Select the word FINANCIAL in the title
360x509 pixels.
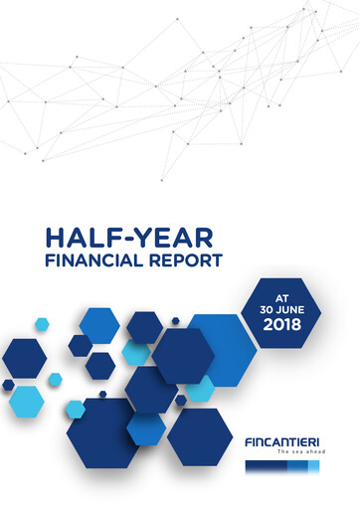tap(89, 261)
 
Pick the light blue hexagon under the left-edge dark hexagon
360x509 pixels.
tap(26, 400)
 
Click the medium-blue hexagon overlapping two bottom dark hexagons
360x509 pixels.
tap(146, 427)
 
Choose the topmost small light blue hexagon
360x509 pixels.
tap(42, 324)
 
